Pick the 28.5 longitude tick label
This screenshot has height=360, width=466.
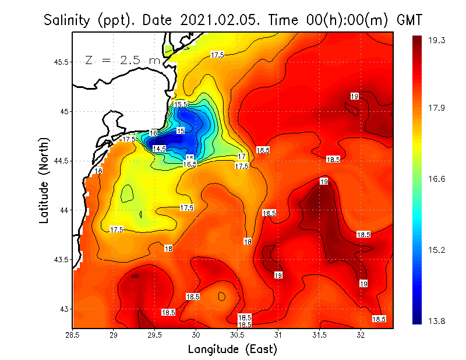point(73,336)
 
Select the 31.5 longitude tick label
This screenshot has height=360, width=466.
point(319,336)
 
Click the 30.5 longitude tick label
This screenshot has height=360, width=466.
point(237,336)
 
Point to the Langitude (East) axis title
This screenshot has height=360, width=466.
point(232,349)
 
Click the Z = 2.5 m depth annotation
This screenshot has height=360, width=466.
point(122,60)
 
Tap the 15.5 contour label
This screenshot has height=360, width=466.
point(181,104)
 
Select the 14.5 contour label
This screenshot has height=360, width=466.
point(159,149)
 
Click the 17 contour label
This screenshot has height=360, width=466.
point(242,156)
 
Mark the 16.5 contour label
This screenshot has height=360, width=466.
point(189,164)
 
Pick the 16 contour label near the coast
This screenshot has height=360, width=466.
point(153,133)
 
